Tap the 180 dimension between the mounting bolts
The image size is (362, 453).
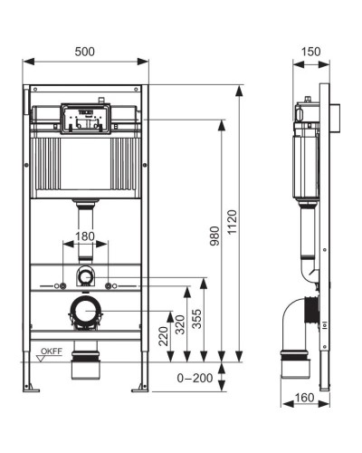84,236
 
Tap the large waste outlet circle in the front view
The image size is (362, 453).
85,312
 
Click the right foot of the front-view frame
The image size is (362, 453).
140,387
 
